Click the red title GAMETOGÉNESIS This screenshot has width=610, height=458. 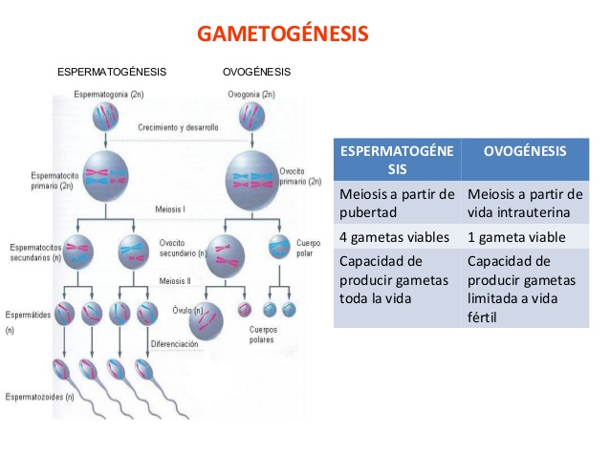coord(282,34)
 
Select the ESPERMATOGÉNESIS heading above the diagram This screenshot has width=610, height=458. coord(112,72)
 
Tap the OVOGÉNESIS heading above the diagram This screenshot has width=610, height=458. coord(256,72)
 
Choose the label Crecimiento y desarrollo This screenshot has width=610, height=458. coord(178,126)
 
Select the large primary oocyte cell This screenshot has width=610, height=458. coord(251,175)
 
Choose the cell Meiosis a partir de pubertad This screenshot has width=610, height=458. coord(397,203)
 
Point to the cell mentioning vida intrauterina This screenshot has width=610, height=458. coord(524,203)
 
